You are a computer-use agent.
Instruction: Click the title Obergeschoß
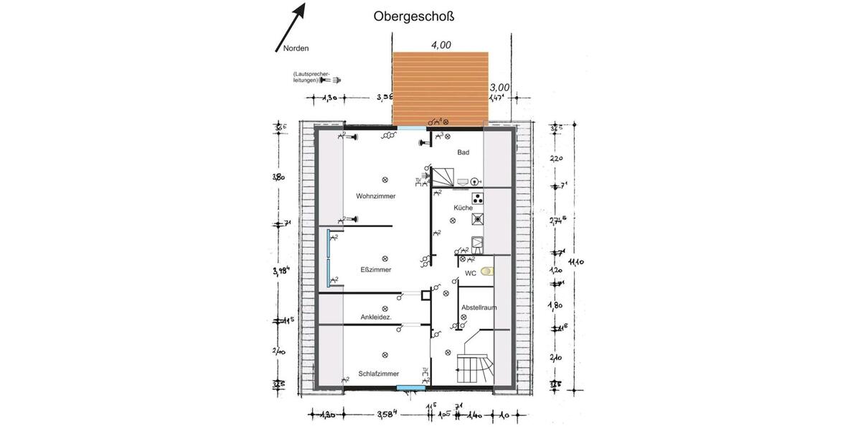pyautogui.click(x=414, y=17)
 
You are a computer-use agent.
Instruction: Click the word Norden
pyautogui.click(x=296, y=48)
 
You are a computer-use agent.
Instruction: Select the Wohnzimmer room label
pyautogui.click(x=376, y=196)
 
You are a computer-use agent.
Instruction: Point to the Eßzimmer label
pyautogui.click(x=376, y=270)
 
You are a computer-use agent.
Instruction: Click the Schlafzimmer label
pyautogui.click(x=378, y=374)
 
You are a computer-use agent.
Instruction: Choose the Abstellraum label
pyautogui.click(x=479, y=307)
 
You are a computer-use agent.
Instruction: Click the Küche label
pyautogui.click(x=463, y=208)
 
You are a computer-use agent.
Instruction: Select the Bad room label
pyautogui.click(x=464, y=152)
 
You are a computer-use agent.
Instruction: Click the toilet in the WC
pyautogui.click(x=489, y=272)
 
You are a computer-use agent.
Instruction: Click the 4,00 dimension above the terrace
pyautogui.click(x=441, y=45)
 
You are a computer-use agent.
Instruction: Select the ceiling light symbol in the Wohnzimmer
pyautogui.click(x=385, y=180)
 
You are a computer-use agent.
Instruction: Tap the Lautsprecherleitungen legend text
pyautogui.click(x=307, y=78)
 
